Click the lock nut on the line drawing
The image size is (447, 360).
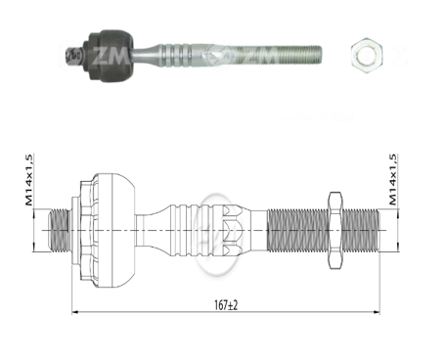334,231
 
